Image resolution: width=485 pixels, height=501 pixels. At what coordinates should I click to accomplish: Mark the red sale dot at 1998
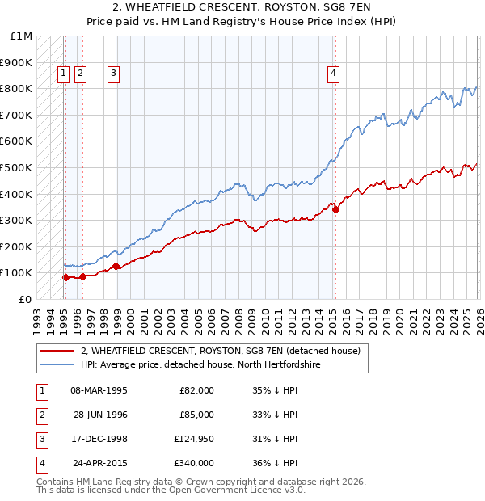tap(116, 266)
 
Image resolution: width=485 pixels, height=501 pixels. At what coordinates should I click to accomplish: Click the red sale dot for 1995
tap(65, 277)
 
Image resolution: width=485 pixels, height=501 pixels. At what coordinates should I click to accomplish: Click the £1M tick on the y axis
tap(22, 36)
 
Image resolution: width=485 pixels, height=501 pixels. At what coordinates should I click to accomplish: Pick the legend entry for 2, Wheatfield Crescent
tap(224, 351)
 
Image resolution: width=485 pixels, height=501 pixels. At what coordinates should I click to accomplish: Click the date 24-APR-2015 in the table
tap(97, 464)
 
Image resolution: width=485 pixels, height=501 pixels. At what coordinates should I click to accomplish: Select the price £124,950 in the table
tap(194, 440)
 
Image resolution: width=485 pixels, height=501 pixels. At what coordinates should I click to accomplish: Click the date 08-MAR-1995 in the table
tap(99, 390)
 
